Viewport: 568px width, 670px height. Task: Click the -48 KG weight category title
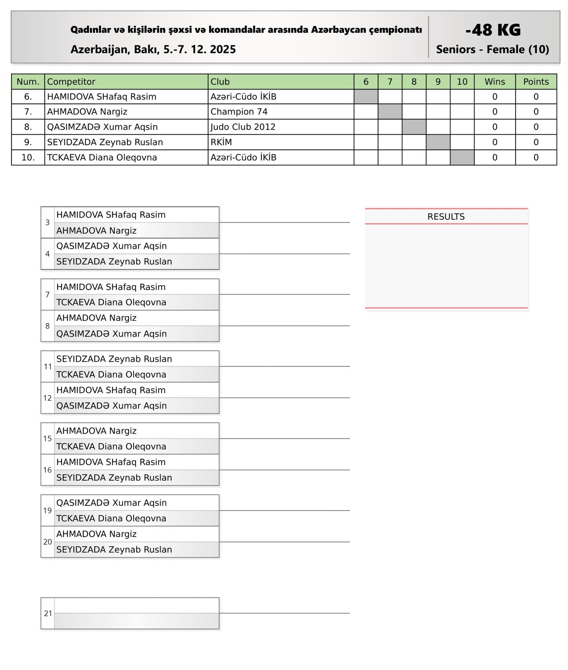[493, 30]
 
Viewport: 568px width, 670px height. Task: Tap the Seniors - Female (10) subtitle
[492, 50]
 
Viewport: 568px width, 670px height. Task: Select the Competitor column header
[71, 82]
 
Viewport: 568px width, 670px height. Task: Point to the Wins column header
[495, 82]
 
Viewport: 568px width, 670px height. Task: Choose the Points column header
[536, 82]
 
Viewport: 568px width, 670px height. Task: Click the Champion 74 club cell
[239, 112]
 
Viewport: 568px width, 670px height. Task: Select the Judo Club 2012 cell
[243, 127]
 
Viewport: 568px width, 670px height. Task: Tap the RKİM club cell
[221, 142]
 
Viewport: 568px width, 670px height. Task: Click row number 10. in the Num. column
[28, 157]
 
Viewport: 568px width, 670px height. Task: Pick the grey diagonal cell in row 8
[414, 127]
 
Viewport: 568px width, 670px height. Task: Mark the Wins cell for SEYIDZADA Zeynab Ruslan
[495, 142]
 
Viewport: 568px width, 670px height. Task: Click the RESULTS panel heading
[446, 217]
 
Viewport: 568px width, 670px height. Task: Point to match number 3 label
[47, 223]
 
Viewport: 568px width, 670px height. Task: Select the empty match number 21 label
[48, 614]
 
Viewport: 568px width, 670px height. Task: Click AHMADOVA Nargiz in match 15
[96, 431]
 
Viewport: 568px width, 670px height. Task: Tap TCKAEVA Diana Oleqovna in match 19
[111, 518]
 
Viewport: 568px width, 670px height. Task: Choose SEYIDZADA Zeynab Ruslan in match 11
[114, 359]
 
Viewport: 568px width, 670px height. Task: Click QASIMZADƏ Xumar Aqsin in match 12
[112, 406]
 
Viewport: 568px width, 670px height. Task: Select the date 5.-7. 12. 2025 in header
[200, 50]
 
